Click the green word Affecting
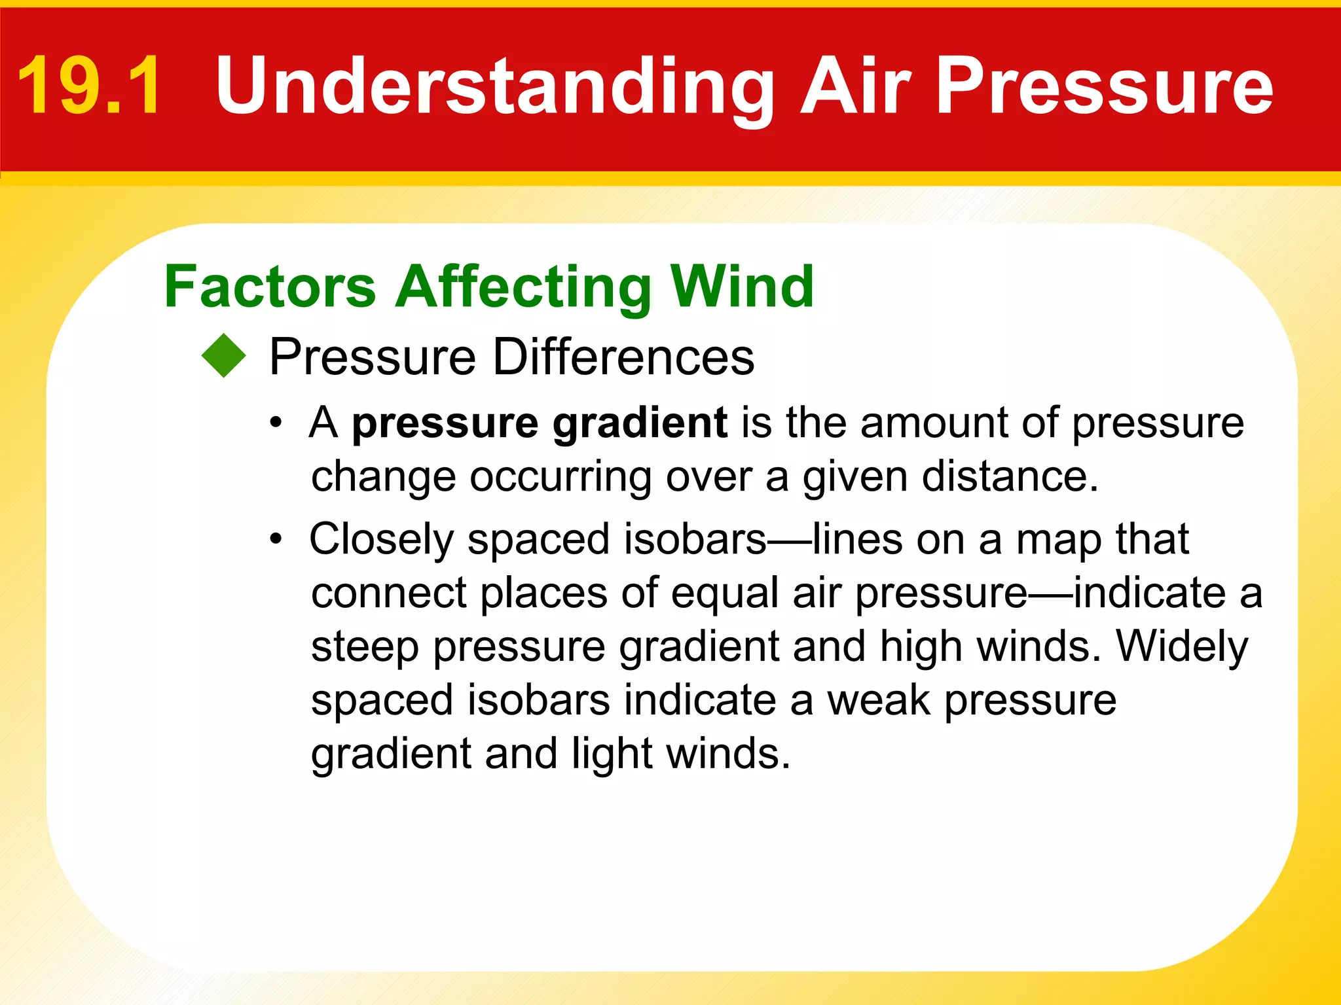(524, 288)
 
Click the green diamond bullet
(224, 356)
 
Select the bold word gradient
(640, 424)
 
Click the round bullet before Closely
(276, 540)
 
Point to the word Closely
(382, 540)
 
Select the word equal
(725, 594)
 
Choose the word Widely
(1182, 647)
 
